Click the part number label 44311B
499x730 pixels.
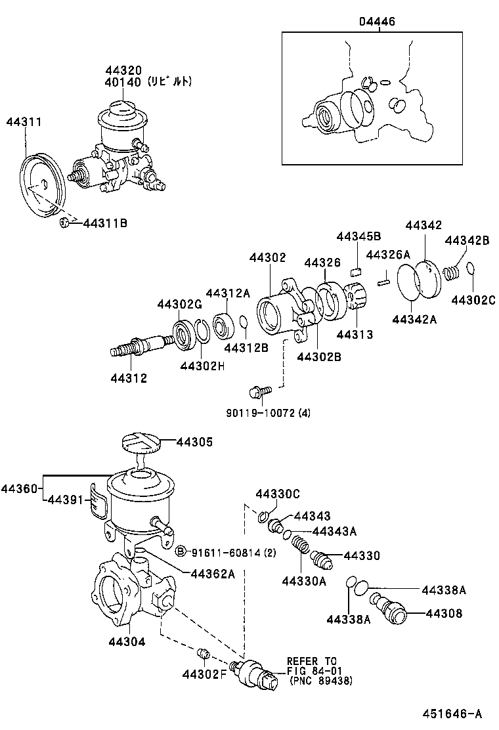point(105,224)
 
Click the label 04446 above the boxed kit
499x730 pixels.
point(377,22)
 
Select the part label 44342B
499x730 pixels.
point(467,240)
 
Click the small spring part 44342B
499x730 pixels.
point(451,271)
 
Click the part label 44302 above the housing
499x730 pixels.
point(267,259)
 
